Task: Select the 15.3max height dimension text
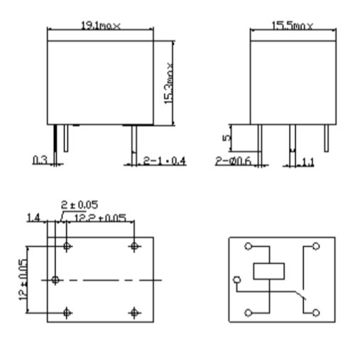point(169,83)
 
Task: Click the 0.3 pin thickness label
point(41,160)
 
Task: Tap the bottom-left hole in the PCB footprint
point(67,312)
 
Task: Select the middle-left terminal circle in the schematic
point(237,279)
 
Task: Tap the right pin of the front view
point(132,140)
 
